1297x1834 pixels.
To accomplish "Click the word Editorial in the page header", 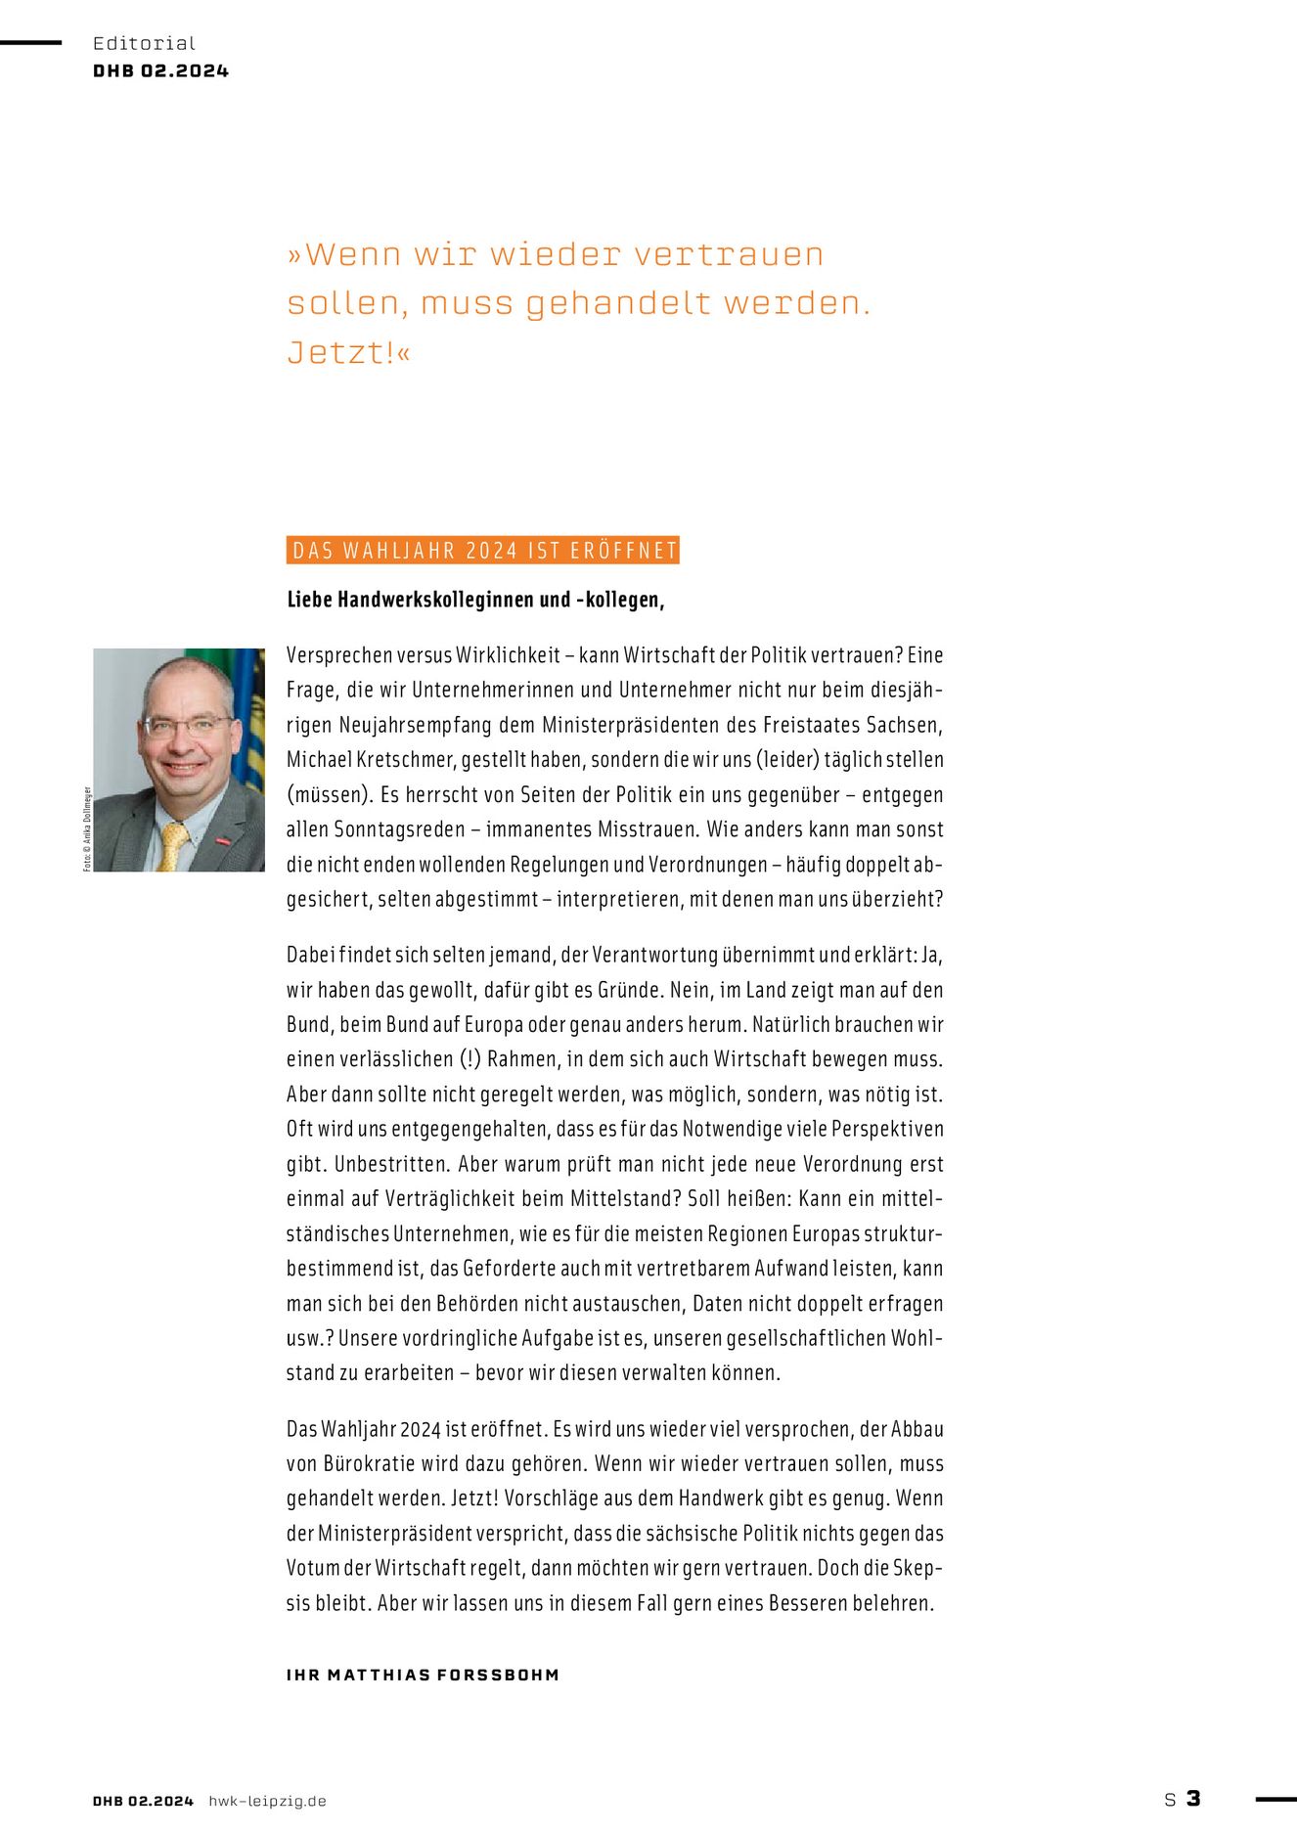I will [144, 43].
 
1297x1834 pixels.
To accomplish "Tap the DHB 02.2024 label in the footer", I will [143, 1801].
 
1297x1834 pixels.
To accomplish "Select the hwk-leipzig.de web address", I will [267, 1801].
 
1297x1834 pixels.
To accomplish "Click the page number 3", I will [1193, 1799].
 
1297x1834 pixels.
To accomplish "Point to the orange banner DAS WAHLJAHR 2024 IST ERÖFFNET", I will [483, 551].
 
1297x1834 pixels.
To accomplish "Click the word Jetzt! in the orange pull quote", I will [340, 352].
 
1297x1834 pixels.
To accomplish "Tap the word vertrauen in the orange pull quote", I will [729, 254].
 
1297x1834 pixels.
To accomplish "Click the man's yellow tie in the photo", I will [172, 846].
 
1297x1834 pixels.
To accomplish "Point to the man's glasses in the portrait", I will [186, 727].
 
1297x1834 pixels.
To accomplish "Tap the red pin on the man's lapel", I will [223, 839].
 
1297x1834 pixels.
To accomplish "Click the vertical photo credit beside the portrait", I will [87, 828].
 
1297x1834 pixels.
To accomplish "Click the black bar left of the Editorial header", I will [30, 42].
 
